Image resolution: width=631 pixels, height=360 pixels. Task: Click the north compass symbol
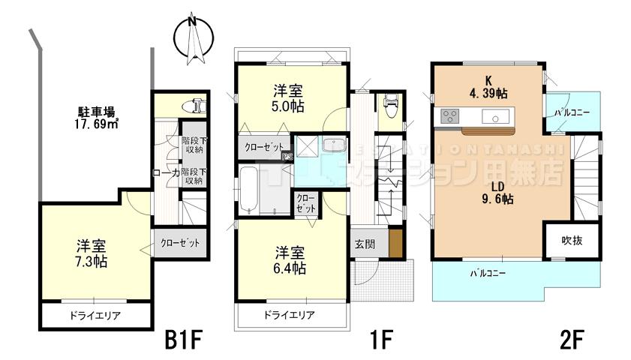(x=193, y=37)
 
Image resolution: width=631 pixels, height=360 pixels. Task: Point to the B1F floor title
(x=183, y=340)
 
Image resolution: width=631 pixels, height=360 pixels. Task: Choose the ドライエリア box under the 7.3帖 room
(x=95, y=316)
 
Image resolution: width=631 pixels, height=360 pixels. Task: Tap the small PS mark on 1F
(x=287, y=157)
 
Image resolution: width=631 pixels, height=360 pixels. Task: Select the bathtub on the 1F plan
(x=250, y=190)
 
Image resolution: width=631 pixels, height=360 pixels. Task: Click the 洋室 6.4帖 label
(x=288, y=259)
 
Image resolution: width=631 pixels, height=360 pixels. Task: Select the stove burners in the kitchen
(x=450, y=116)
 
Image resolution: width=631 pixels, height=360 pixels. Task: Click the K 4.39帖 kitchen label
(x=488, y=87)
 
